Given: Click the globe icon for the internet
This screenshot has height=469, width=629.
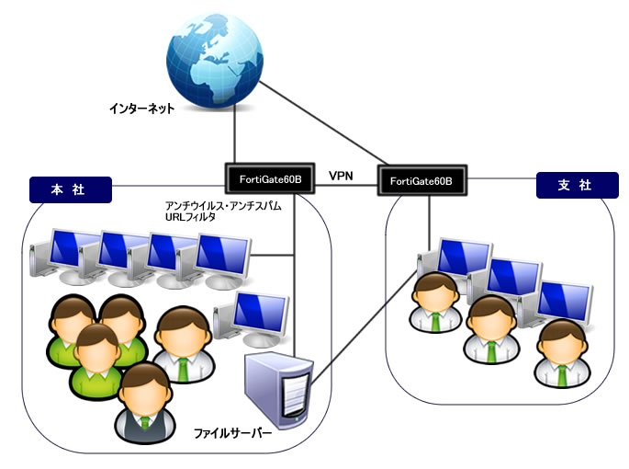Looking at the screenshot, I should pos(215,57).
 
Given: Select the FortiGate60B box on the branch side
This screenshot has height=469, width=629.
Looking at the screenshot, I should pos(420,181).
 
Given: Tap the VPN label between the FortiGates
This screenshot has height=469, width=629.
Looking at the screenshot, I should pos(341,175).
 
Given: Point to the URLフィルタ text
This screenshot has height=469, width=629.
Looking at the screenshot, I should pos(184,218).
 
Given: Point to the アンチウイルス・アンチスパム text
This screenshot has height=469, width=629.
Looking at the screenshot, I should pos(221,207).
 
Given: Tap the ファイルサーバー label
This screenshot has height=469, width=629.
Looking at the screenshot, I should pos(231,431).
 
